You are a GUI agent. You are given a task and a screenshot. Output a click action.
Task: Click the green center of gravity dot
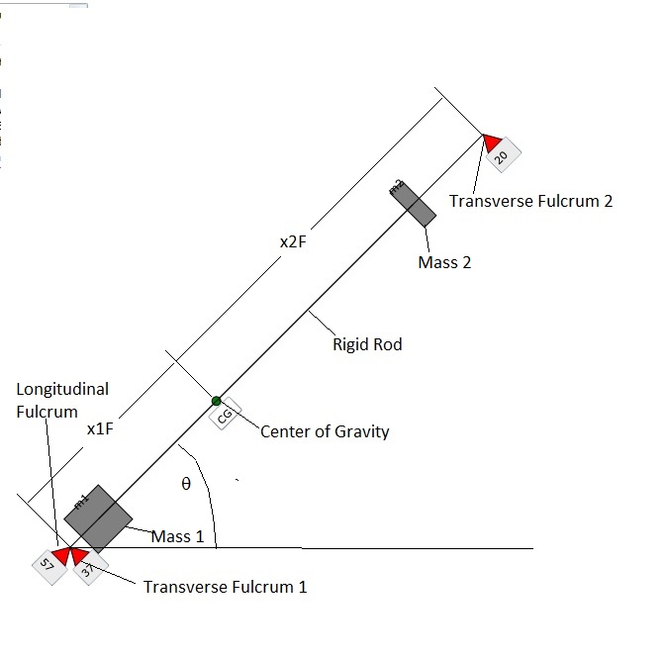pos(216,401)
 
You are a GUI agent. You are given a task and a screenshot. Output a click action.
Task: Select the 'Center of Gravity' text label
pos(325,431)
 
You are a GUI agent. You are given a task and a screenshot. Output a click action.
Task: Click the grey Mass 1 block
pos(98,518)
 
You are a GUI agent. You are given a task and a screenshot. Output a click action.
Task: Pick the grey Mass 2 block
pos(413,203)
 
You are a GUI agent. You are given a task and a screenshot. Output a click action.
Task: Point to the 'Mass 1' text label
pos(177,537)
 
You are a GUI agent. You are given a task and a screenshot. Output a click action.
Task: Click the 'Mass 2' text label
pos(444,263)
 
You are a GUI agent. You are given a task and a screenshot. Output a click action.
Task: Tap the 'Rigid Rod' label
pos(367,345)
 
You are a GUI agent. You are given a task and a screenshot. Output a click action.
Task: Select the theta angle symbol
pos(185,485)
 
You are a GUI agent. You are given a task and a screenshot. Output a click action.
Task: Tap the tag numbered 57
pos(46,564)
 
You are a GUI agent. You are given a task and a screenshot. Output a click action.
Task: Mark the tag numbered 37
pos(88,569)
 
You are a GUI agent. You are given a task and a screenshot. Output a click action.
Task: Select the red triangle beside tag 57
pos(61,555)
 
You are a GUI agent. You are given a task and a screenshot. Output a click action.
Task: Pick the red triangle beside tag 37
pos(79,556)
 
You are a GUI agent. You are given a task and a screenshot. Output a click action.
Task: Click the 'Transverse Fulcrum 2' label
pos(530,201)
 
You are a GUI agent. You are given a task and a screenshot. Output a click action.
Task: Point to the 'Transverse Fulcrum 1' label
pos(225,587)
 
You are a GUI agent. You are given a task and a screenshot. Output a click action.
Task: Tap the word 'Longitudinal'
pos(62,390)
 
